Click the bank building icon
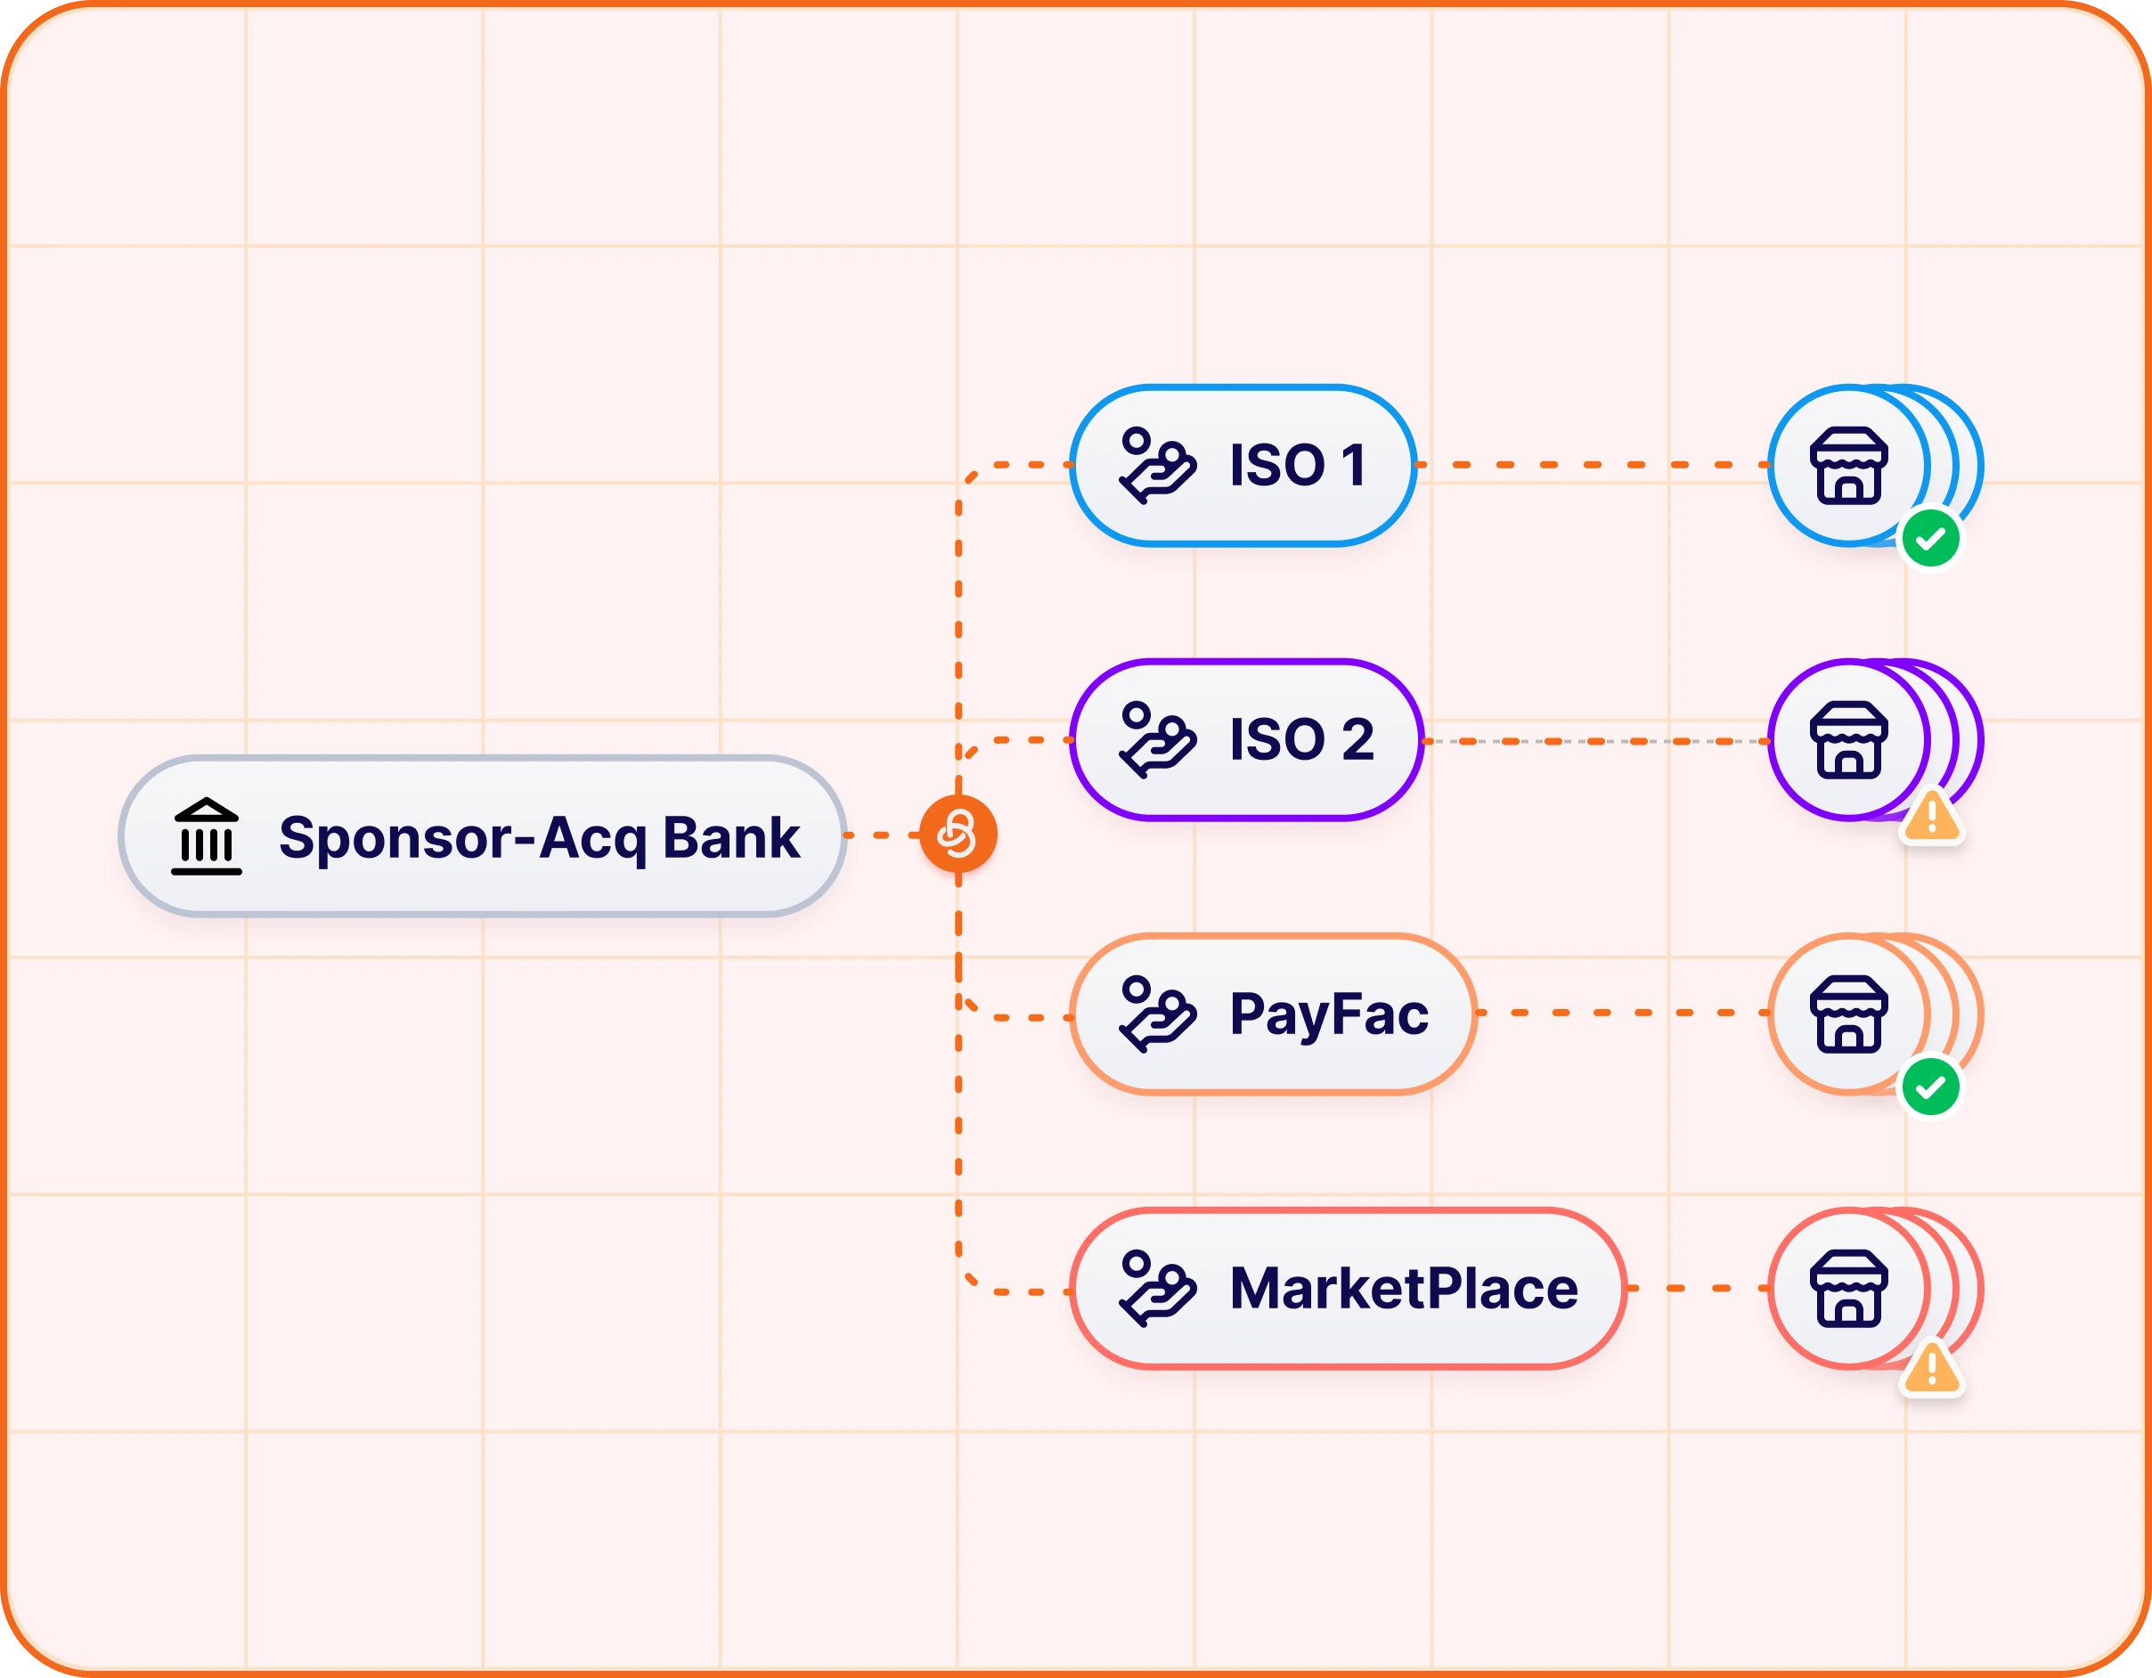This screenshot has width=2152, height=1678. (x=206, y=836)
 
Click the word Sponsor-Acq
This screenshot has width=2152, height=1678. (x=462, y=838)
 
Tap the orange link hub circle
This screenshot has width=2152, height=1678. (x=958, y=835)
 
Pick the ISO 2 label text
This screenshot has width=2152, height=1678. (x=1300, y=740)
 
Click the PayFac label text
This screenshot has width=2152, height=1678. (x=1328, y=1014)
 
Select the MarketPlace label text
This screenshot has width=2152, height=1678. (x=1403, y=1289)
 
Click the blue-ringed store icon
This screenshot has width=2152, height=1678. (x=1848, y=465)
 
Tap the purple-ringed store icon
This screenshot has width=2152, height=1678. (x=1848, y=740)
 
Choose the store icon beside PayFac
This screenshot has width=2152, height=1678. (x=1848, y=1014)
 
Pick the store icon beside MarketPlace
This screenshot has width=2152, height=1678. (x=1848, y=1289)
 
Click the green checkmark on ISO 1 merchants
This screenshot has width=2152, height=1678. (x=1930, y=539)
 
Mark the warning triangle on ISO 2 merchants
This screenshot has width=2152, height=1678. (x=1931, y=818)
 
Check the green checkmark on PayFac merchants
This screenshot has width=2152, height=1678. (x=1930, y=1087)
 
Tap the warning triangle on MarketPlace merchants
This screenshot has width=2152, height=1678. (x=1931, y=1369)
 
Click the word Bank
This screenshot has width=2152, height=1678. (x=730, y=838)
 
